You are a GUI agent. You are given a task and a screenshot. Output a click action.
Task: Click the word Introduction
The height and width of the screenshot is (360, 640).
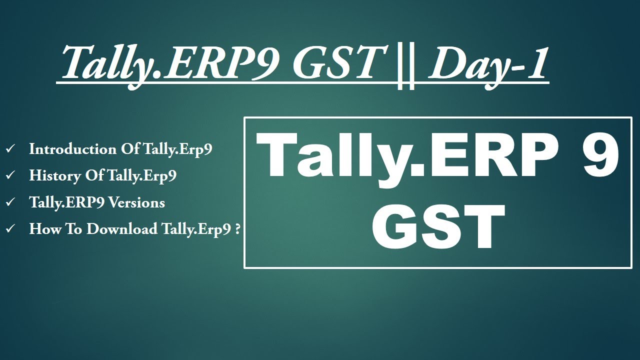tap(72, 149)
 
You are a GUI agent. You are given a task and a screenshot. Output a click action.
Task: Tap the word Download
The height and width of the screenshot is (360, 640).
tap(122, 229)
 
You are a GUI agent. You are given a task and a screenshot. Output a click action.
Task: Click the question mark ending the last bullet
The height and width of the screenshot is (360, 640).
tap(238, 229)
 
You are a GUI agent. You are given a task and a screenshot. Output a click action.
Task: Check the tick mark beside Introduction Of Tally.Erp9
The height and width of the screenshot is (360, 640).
tap(10, 149)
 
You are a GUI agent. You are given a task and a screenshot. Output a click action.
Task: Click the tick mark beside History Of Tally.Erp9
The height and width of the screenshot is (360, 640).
tap(10, 176)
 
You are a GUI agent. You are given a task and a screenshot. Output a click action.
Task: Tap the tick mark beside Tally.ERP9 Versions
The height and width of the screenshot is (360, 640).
tap(10, 202)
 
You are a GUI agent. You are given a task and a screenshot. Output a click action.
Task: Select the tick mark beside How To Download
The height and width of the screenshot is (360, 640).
tap(10, 229)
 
